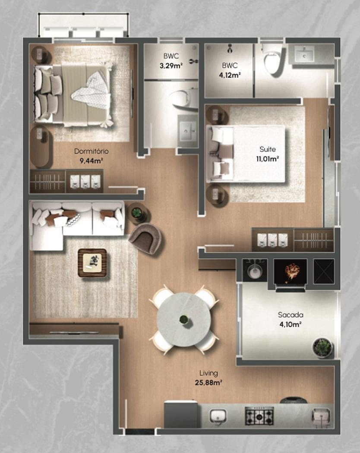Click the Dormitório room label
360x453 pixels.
92,151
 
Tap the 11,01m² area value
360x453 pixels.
268,159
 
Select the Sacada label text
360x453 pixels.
291,315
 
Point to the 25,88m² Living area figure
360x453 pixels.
208,383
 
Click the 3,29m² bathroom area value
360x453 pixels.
171,66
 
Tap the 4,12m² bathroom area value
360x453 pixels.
230,75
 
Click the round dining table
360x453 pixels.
183,320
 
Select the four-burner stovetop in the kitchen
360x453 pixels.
259,416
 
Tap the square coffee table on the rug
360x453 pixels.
92,263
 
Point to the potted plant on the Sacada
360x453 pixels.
322,348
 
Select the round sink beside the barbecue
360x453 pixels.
254,271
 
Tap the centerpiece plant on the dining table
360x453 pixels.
183,320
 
